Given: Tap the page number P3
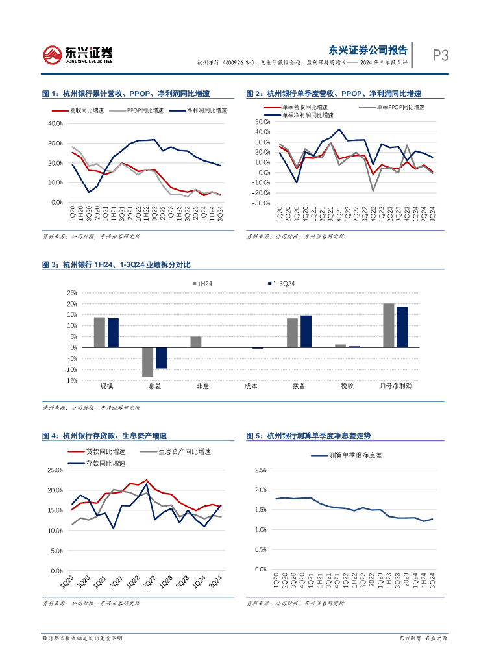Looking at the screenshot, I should [441, 56].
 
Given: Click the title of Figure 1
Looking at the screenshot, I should [130, 94].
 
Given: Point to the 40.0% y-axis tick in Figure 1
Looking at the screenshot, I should [55, 123].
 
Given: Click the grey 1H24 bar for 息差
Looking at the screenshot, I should [148, 362].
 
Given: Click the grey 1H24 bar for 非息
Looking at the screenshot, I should [196, 342].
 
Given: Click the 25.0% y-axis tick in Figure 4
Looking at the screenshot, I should [55, 470].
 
